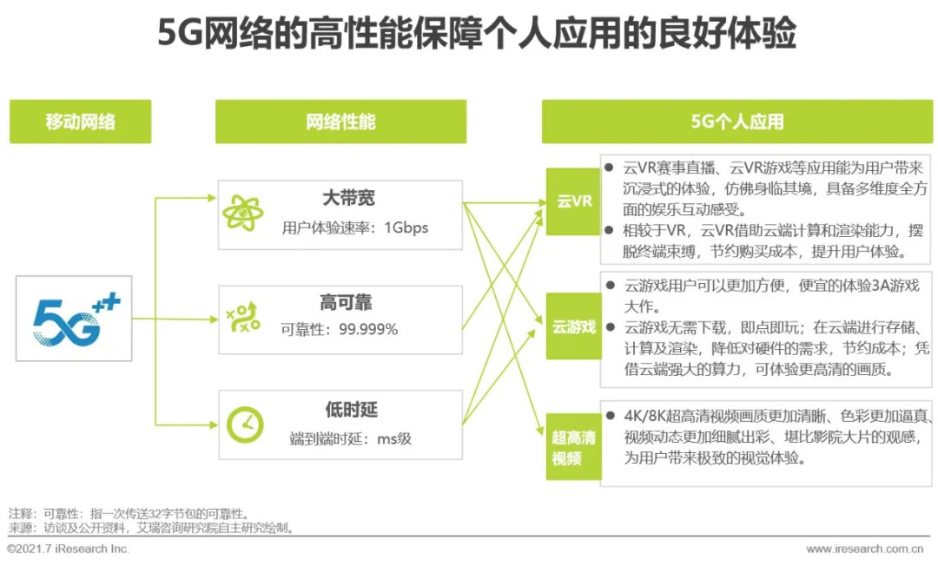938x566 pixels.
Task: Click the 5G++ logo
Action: click(x=75, y=319)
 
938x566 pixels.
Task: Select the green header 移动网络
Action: click(x=80, y=122)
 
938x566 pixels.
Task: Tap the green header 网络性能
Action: click(x=340, y=122)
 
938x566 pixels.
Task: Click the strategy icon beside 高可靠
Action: click(x=243, y=319)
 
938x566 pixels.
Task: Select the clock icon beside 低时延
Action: click(x=244, y=424)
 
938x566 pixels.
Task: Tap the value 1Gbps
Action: click(x=406, y=228)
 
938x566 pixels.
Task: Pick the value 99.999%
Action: click(x=368, y=329)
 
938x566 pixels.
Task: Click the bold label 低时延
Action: click(x=351, y=410)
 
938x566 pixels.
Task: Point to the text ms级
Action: click(x=393, y=439)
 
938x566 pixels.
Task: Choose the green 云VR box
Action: click(x=573, y=201)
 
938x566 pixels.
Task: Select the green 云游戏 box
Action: click(x=573, y=326)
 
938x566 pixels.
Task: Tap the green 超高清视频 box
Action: click(x=573, y=447)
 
